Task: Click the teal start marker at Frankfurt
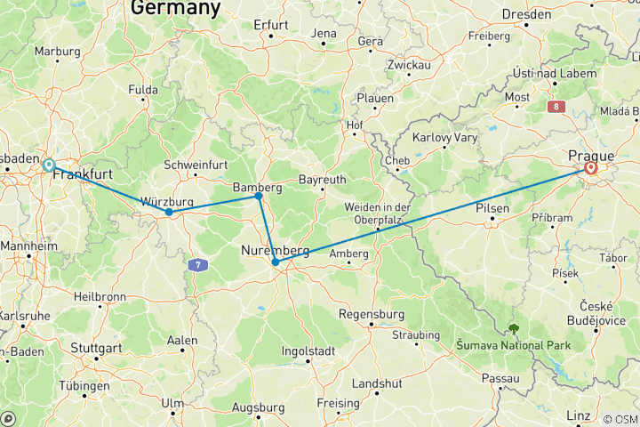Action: coord(49,165)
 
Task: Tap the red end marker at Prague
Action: coord(591,167)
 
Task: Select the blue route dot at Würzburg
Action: coord(169,212)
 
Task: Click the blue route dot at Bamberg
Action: coord(259,196)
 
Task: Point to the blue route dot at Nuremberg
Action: coord(276,262)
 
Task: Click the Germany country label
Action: coord(175,9)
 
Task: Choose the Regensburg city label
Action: coord(372,315)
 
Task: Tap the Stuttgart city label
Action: coord(95,348)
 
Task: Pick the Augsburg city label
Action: coord(258,407)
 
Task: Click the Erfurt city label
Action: coord(271,24)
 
